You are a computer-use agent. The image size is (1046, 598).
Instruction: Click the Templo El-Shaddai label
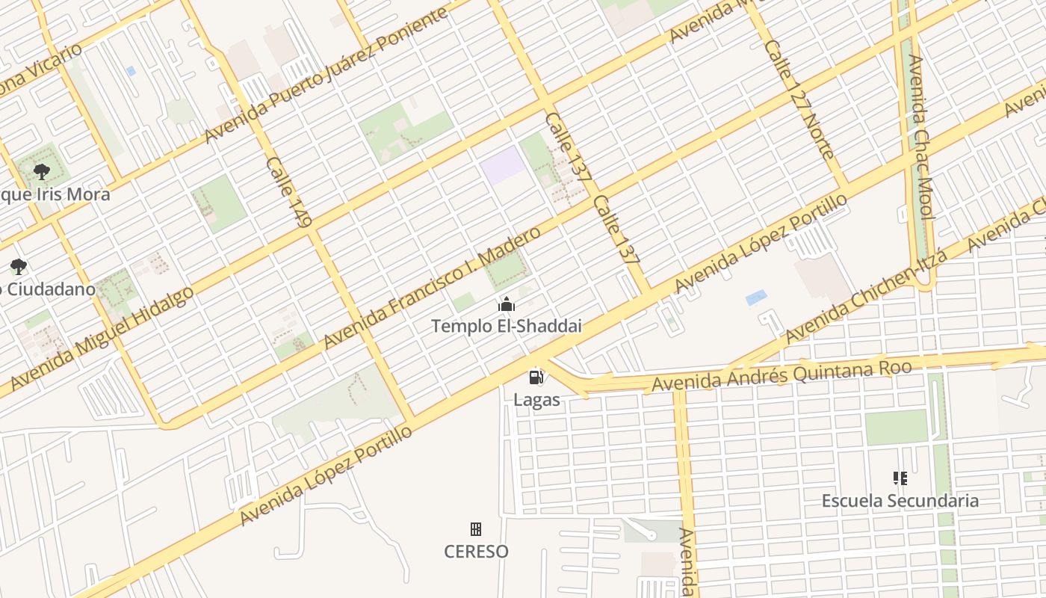tap(507, 327)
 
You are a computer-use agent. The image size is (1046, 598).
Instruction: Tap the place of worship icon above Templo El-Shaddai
tap(507, 304)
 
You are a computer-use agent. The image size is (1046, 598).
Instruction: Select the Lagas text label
tap(536, 400)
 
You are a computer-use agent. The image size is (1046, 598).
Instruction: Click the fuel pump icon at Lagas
tap(536, 377)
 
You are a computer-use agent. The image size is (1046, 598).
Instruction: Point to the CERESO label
tap(476, 552)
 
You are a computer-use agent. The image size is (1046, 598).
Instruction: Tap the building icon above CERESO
tap(475, 529)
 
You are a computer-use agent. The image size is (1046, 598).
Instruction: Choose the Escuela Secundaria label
tap(900, 501)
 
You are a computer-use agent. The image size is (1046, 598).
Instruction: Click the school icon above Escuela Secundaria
tap(900, 478)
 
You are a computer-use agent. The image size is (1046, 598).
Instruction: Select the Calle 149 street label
tap(288, 191)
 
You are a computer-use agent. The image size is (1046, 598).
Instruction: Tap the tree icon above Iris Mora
tap(42, 172)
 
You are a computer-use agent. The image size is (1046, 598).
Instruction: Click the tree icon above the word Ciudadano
tap(18, 266)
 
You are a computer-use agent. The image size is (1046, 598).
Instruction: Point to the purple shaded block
tap(503, 165)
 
